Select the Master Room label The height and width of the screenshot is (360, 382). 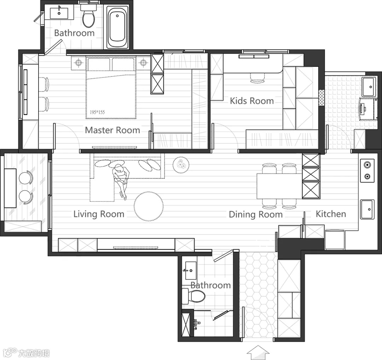(112, 130)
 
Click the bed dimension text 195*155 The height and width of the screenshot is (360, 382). (97, 112)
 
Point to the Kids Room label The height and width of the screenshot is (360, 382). (252, 101)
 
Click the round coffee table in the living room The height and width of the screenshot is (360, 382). (149, 206)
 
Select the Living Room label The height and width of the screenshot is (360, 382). (99, 214)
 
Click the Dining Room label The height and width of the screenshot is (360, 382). (256, 215)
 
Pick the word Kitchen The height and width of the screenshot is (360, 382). (331, 214)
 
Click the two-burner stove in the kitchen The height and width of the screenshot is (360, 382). (367, 171)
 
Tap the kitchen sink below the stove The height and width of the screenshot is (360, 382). (367, 209)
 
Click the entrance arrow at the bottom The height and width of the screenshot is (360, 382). (258, 353)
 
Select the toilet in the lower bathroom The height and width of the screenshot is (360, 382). (194, 296)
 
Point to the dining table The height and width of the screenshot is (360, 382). (279, 186)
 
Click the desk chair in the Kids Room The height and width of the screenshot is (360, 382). (258, 78)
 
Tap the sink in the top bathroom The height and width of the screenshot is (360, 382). (59, 13)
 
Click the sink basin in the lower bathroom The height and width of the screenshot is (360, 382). (191, 270)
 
